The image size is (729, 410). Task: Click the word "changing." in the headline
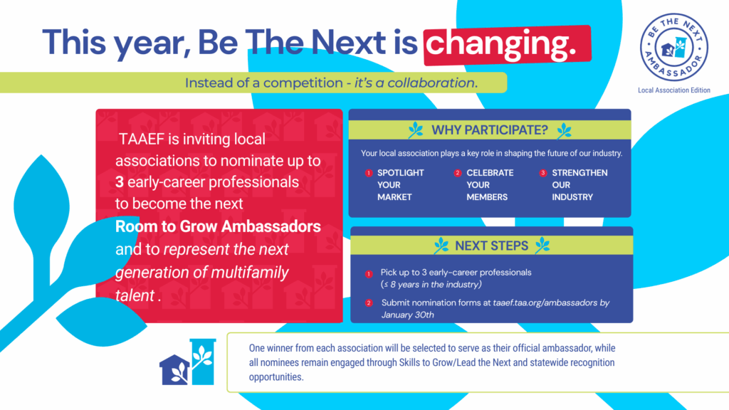(501, 44)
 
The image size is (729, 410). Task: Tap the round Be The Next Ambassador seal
(674, 47)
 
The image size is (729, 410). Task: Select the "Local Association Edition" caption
(674, 90)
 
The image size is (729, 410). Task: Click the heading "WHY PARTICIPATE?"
(490, 130)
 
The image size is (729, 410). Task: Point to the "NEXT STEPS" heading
(491, 246)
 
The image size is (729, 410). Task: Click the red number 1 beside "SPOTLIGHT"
(369, 173)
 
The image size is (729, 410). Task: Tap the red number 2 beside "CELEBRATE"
(458, 173)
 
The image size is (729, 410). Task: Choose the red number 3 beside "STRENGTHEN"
(543, 173)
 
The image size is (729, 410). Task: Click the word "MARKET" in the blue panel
(394, 197)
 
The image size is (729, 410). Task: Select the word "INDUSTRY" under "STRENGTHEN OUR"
(572, 197)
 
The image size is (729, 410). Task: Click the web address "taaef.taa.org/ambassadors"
(545, 303)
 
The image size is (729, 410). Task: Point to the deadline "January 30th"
(408, 315)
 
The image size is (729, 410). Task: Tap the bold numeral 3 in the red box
(120, 182)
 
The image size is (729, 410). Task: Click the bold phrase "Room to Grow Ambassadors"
(218, 226)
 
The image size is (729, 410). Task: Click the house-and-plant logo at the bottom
(188, 362)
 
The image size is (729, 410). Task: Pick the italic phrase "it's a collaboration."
(416, 83)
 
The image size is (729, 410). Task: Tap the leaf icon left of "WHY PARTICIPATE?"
(416, 130)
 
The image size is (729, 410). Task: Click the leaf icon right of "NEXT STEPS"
(542, 246)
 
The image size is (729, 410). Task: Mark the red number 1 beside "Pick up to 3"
(369, 274)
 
